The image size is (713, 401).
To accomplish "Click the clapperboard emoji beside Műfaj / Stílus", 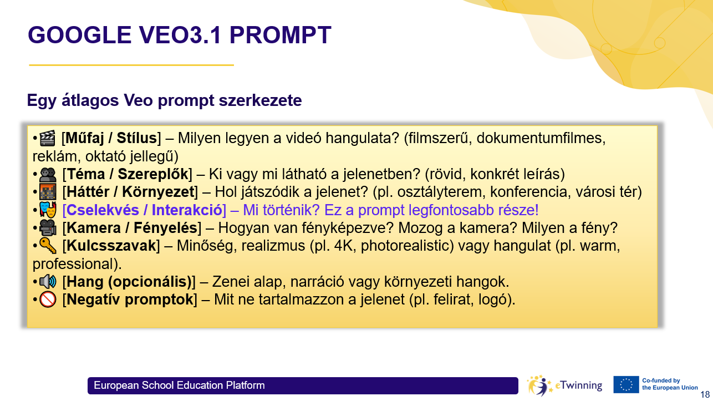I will [48, 137].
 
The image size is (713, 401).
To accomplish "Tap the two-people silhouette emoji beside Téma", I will [48, 175].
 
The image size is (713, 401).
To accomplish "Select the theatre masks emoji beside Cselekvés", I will [48, 210].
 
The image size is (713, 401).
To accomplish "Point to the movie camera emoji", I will [48, 228].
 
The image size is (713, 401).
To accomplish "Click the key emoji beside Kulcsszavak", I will [48, 246].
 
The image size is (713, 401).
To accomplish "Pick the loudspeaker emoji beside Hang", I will [48, 282].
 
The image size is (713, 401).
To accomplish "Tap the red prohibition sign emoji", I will [48, 300].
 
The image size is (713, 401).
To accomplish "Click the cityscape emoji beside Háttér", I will [48, 192].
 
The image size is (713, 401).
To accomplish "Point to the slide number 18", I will [705, 394].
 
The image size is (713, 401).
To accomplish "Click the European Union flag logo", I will [626, 384].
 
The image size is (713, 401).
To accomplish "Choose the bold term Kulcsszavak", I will [110, 246].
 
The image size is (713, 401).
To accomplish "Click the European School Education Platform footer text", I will [179, 385].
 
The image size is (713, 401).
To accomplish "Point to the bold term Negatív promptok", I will [129, 300].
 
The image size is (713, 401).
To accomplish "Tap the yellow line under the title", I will [131, 65].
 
